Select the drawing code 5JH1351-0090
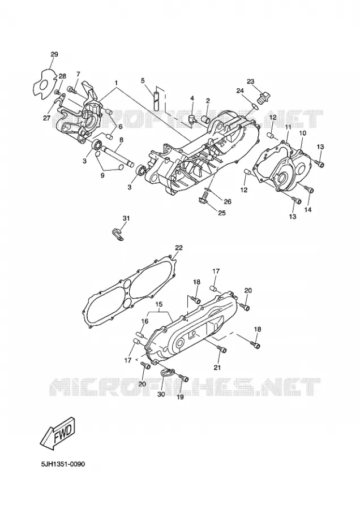(x=63, y=464)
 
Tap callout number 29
(x=54, y=54)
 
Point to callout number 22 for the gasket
(x=179, y=248)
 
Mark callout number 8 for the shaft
(x=121, y=140)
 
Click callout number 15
(x=158, y=304)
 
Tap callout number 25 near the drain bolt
(x=221, y=213)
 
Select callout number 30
(x=161, y=394)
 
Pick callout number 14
(x=308, y=210)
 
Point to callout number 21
(x=217, y=367)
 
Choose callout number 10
(x=302, y=133)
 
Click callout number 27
(x=46, y=119)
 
